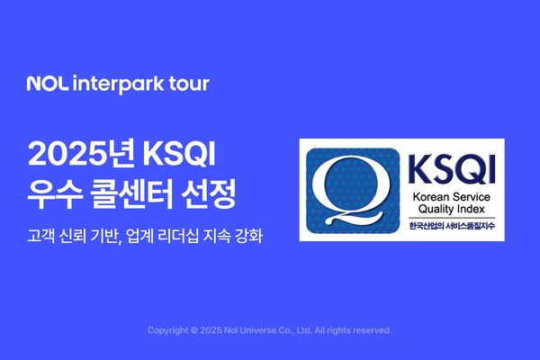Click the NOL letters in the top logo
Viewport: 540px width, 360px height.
pos(44,85)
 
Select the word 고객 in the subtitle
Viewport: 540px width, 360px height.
pos(41,236)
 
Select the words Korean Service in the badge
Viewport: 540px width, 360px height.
pos(443,196)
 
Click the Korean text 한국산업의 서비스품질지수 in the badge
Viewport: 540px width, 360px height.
pos(443,229)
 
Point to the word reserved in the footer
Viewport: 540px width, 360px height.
pos(372,330)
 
